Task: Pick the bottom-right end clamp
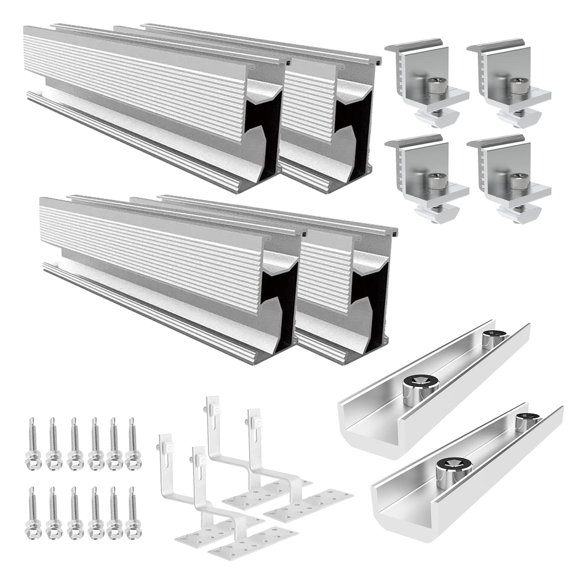coord(507,178)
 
